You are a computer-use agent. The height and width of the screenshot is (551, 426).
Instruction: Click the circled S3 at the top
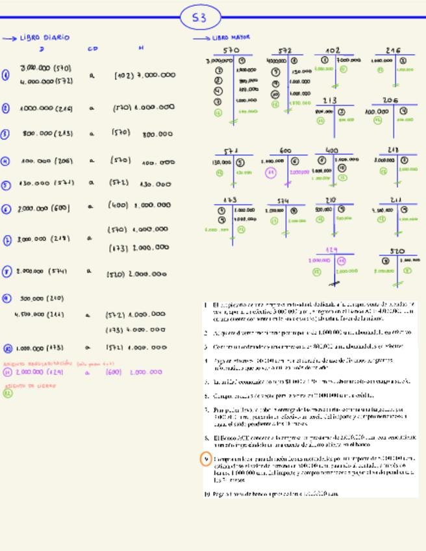[199, 18]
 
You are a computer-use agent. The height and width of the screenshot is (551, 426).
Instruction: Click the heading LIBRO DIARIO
[44, 38]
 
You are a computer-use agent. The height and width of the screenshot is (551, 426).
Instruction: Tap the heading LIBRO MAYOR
[231, 38]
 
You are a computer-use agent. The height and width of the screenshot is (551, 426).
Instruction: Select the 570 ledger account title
[231, 50]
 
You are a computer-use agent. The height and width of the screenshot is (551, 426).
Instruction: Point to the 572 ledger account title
[285, 50]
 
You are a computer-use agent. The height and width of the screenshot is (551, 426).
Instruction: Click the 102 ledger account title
[332, 50]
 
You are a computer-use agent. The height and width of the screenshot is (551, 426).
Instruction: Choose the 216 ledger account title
[393, 50]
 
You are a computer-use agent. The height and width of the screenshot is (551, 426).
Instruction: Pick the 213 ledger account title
[330, 101]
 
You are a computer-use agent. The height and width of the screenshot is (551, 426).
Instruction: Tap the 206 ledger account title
[390, 100]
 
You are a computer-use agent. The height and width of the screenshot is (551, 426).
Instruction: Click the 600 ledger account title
[285, 151]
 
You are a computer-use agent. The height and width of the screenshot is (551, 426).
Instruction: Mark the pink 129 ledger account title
[332, 250]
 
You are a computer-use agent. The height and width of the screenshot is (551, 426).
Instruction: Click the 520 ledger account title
[397, 251]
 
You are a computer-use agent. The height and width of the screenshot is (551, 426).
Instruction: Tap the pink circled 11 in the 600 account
[271, 172]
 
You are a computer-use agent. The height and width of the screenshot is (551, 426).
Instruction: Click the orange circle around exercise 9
[206, 459]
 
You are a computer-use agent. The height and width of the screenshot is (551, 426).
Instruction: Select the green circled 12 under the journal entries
[7, 392]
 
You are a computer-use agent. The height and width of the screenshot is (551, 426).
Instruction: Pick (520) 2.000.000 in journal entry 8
[137, 274]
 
